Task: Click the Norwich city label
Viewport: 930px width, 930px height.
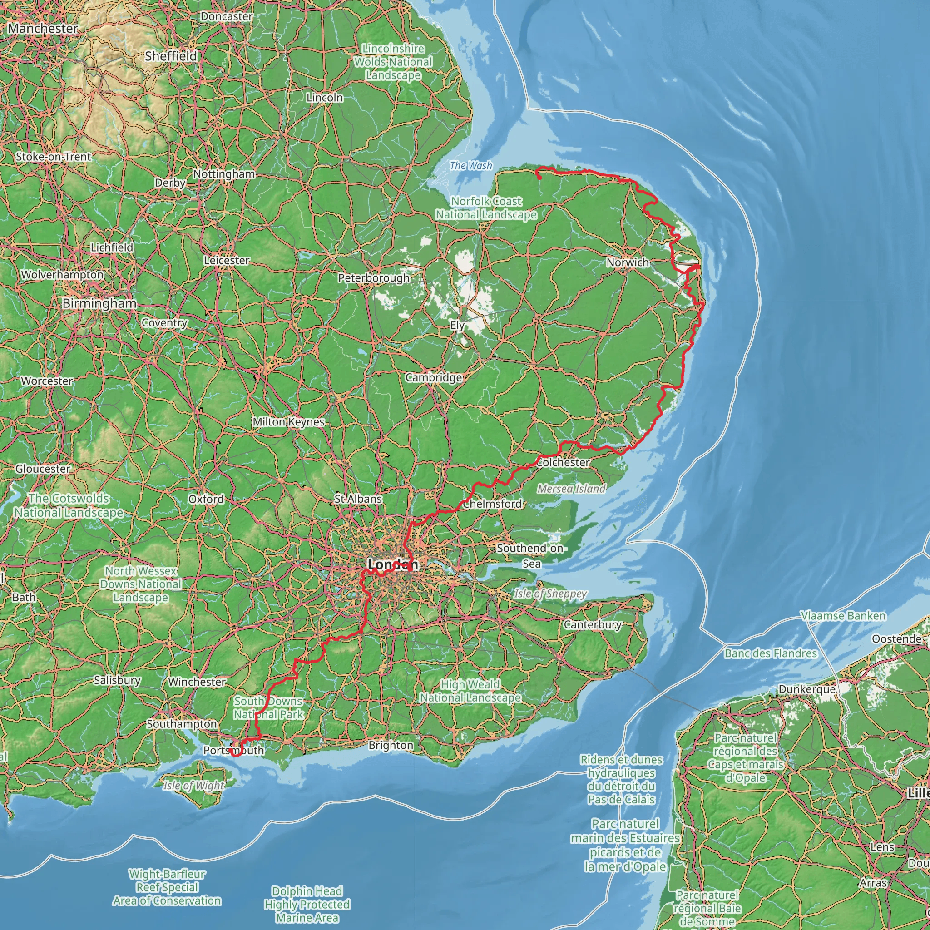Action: click(x=627, y=262)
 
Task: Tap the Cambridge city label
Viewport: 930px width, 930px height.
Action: click(x=433, y=377)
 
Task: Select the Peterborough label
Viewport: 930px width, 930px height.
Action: click(x=374, y=278)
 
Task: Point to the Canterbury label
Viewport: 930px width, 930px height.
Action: click(x=593, y=624)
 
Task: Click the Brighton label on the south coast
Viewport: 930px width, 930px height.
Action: click(x=391, y=745)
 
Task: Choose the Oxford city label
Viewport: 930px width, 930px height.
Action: click(x=206, y=499)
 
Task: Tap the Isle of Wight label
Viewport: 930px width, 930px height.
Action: click(x=193, y=786)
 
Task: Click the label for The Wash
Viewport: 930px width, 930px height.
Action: click(x=471, y=166)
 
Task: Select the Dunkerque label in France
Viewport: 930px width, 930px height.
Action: click(x=807, y=689)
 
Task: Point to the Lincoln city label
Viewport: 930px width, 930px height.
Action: click(x=325, y=98)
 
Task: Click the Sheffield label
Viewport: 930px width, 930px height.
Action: click(x=171, y=56)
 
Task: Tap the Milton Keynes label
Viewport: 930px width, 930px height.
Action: click(x=288, y=422)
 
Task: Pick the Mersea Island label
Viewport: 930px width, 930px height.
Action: click(x=571, y=489)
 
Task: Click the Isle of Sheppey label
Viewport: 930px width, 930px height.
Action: click(x=550, y=594)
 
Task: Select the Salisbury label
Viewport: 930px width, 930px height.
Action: click(x=117, y=680)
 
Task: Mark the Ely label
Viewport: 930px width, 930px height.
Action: click(x=457, y=326)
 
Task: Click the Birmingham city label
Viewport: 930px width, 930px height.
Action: click(x=99, y=303)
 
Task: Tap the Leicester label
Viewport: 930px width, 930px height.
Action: click(x=226, y=260)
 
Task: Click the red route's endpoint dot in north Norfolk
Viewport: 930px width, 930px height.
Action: click(x=539, y=178)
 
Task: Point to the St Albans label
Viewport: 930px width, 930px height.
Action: click(x=358, y=499)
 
